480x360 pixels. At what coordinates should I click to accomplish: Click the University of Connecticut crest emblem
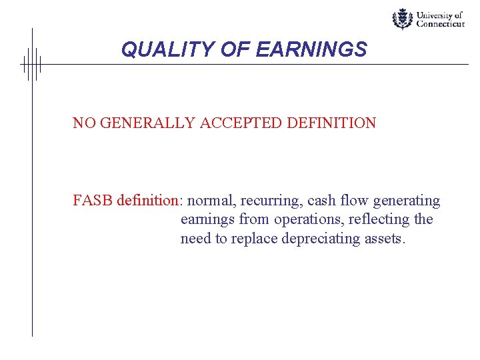(402, 19)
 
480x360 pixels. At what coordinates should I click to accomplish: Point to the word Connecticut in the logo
(440, 24)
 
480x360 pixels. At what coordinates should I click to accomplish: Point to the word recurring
(271, 201)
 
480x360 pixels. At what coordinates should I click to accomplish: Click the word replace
(254, 239)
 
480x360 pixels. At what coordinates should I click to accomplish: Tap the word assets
(383, 239)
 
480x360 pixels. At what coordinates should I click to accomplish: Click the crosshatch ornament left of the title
(31, 64)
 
